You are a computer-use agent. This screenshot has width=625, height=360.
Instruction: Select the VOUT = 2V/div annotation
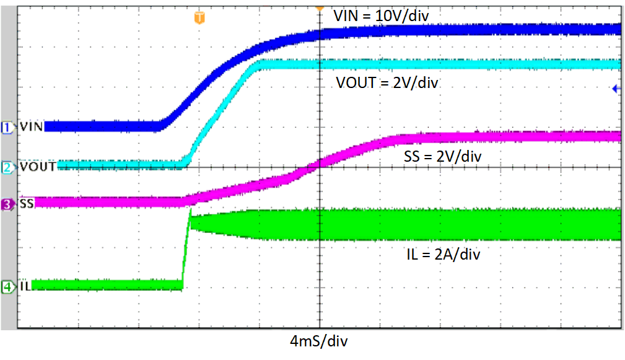387,82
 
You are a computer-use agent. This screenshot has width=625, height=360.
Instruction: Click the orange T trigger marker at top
199,17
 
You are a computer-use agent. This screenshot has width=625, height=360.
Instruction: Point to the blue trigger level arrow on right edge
616,89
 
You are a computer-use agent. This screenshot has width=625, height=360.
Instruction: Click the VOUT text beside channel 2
37,167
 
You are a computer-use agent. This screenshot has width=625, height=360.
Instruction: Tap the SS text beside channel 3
26,203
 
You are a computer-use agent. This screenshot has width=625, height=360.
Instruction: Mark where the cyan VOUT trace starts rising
185,164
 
